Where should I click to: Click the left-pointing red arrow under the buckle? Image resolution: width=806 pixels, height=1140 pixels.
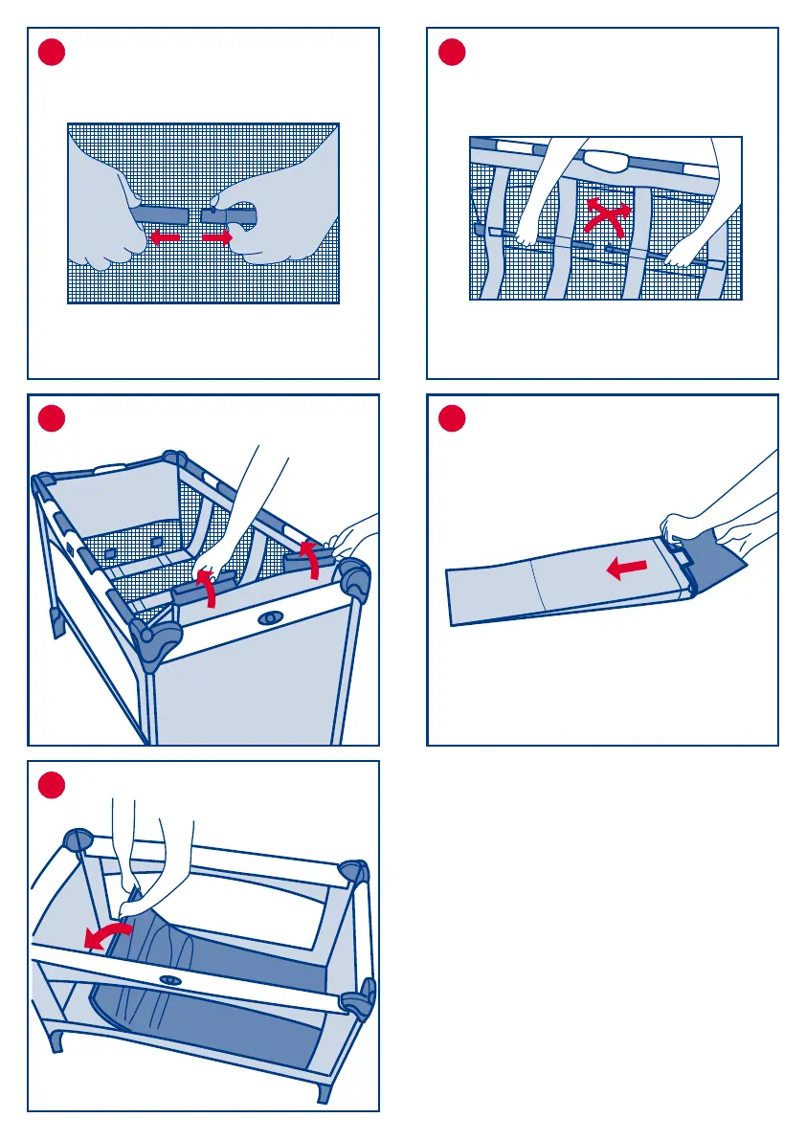[166, 236]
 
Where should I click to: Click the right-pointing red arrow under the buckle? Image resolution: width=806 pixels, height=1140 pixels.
[217, 236]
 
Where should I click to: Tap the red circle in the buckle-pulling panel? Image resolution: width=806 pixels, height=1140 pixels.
[53, 52]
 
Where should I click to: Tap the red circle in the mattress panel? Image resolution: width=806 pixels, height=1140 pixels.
[452, 419]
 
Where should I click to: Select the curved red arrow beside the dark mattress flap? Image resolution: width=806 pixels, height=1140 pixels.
[104, 936]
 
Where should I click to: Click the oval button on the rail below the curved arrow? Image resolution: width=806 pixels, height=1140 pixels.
[171, 980]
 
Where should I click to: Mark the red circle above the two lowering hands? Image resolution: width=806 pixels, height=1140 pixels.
[53, 786]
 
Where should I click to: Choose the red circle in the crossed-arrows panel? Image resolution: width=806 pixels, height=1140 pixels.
[452, 52]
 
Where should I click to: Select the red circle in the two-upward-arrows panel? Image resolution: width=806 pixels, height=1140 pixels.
[53, 419]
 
